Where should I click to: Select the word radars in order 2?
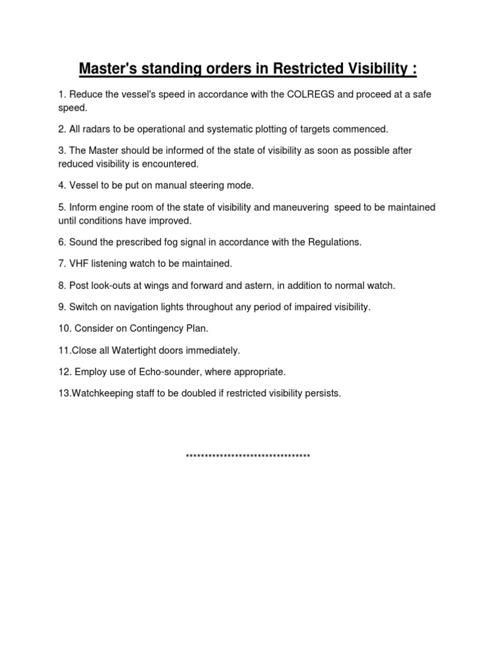pos(98,129)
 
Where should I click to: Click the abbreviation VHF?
pos(79,264)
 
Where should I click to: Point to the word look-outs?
pos(112,285)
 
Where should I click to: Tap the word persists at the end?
pos(322,394)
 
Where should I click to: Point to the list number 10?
pos(65,328)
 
